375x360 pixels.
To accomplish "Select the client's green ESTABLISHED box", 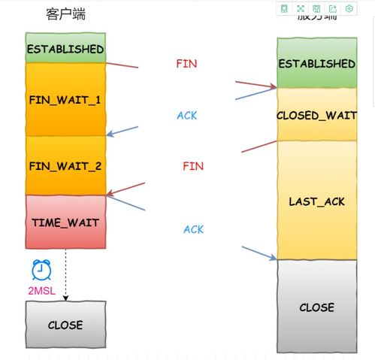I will tap(65, 48).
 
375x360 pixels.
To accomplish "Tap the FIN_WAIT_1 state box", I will tap(65, 99).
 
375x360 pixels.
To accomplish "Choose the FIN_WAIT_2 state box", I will tap(65, 165).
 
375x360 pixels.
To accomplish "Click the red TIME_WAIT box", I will tap(65, 222).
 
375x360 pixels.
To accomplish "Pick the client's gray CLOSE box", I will tap(65, 325).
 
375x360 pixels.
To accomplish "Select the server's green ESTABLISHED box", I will tap(316, 63).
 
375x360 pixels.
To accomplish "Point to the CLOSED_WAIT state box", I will tap(316, 115).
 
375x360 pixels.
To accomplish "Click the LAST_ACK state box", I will tap(316, 201).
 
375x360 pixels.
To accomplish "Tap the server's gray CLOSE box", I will tap(316, 307).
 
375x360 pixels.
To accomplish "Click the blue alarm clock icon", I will tap(41, 270).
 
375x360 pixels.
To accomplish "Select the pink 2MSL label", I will tap(41, 289).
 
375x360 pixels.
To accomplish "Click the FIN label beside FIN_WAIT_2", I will tap(193, 165).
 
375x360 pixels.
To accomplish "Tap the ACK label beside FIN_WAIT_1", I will tap(186, 115).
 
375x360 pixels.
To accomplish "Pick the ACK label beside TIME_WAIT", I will tap(193, 229).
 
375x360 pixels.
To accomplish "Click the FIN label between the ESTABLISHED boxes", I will tap(186, 64).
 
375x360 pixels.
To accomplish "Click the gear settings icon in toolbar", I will tap(349, 9).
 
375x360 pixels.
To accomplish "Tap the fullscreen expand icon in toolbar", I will tap(300, 9).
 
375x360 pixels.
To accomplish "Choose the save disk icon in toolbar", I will tap(316, 9).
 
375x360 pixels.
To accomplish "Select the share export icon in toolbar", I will tap(332, 9).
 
